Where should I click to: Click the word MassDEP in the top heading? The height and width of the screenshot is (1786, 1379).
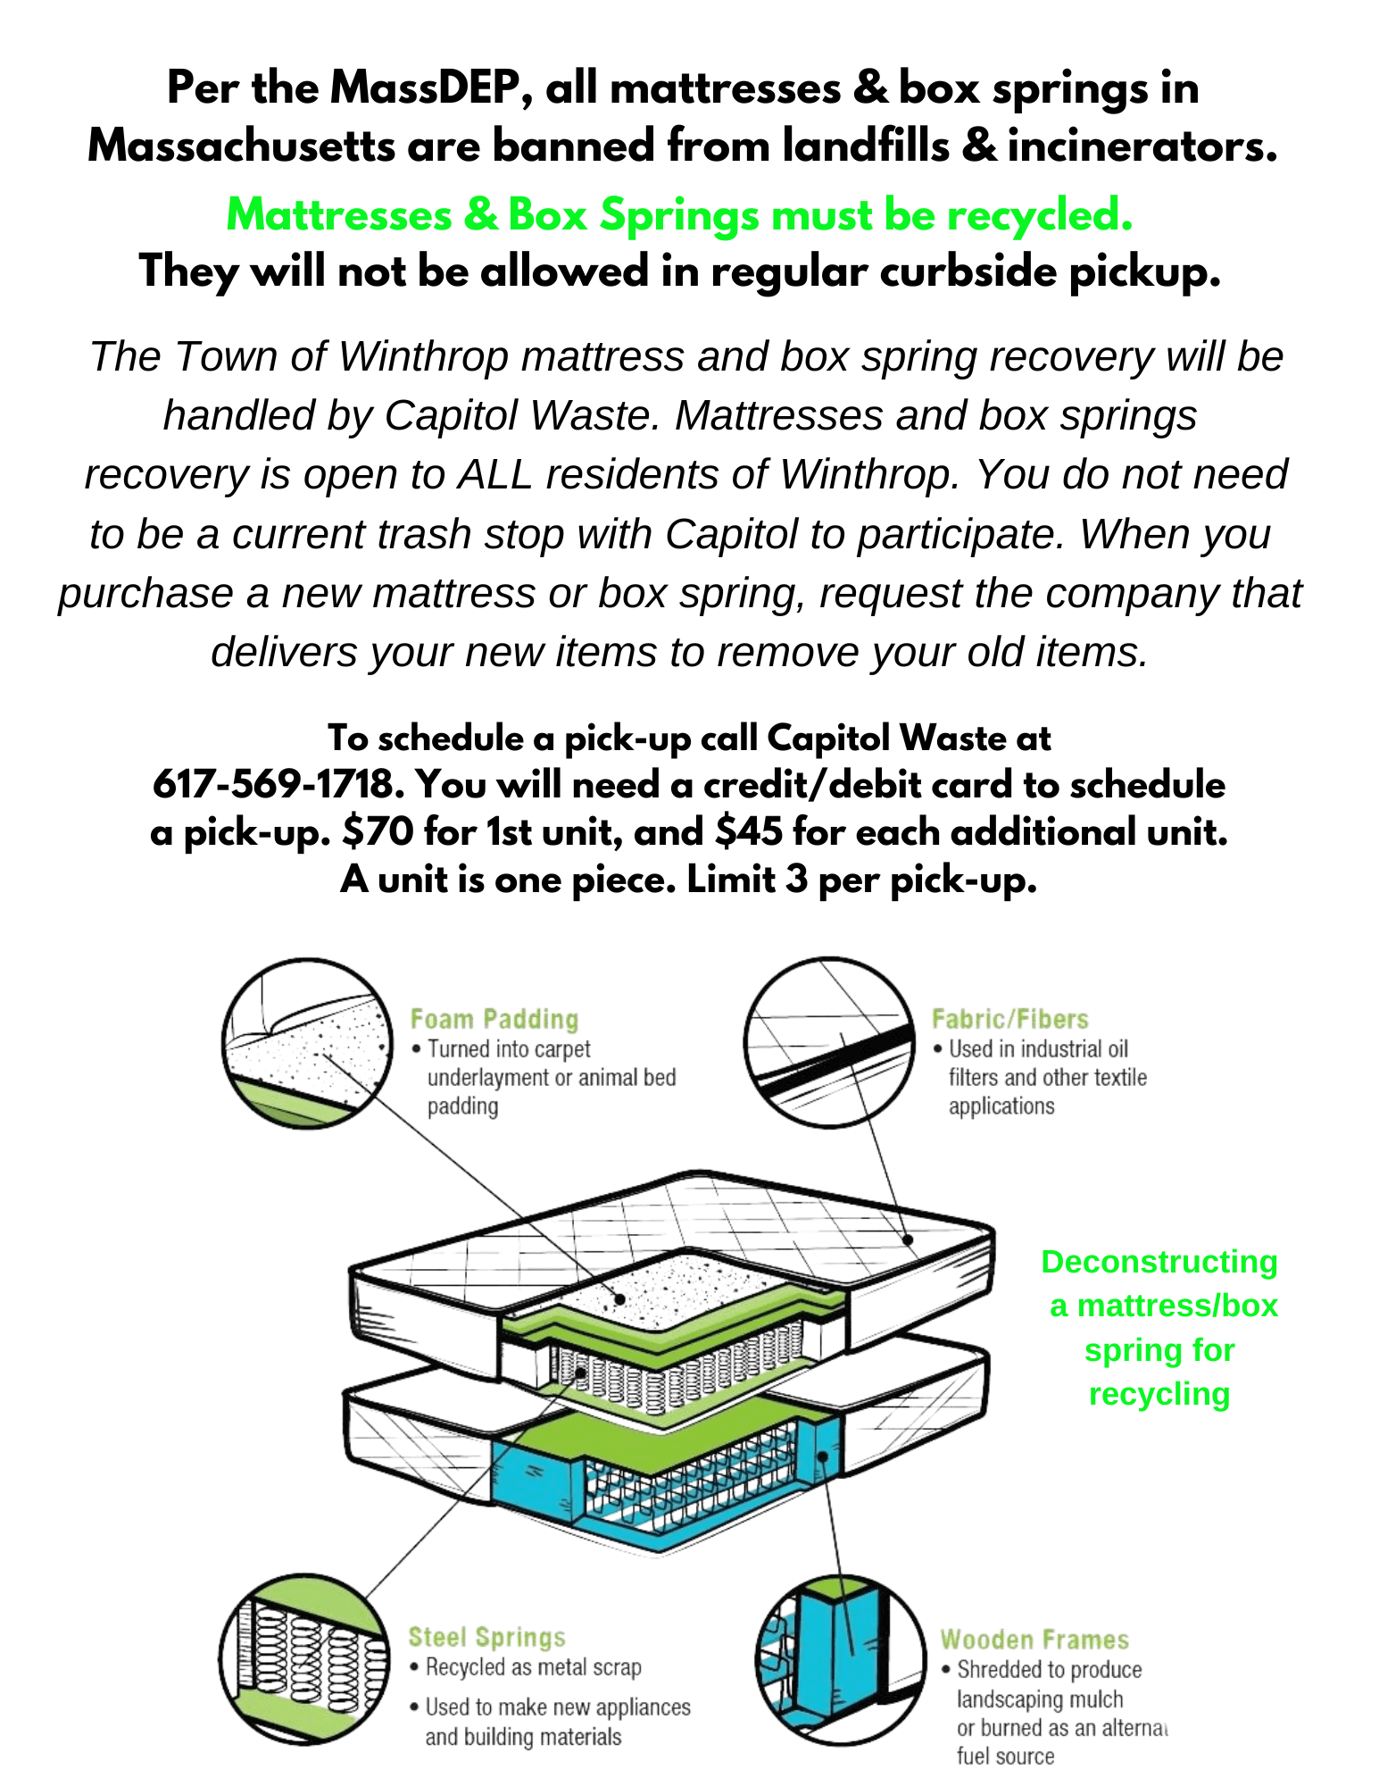point(425,88)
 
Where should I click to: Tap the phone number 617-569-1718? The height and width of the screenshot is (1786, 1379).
point(272,785)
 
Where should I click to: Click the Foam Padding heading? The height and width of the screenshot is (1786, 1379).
point(494,1019)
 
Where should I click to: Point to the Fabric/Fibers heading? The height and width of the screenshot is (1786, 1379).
point(1009,1019)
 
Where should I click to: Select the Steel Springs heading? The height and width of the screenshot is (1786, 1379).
point(486,1637)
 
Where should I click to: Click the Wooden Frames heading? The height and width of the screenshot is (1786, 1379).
point(1034,1640)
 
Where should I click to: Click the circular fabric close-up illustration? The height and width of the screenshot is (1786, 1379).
point(829,1043)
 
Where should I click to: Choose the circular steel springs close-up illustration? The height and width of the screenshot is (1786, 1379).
point(304,1659)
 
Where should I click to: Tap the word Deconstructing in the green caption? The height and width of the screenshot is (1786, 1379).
point(1159,1262)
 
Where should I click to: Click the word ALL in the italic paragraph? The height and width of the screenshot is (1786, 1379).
point(494,474)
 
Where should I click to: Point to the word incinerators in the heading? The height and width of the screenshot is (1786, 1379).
point(1142,146)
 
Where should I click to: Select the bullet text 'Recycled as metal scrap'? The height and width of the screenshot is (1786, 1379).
point(533,1667)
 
